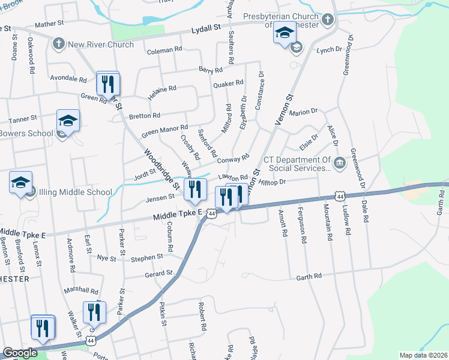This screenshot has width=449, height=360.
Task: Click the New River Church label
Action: (x=100, y=44)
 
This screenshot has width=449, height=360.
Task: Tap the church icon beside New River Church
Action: (x=58, y=44)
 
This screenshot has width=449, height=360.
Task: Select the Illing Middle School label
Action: (x=74, y=193)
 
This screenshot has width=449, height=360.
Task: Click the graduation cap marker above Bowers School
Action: (x=68, y=121)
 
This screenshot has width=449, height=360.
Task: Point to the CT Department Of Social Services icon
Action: (x=339, y=162)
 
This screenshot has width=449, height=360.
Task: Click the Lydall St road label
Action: (x=206, y=28)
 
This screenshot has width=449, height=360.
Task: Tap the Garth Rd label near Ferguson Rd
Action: (x=309, y=276)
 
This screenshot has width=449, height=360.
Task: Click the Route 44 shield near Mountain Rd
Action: (x=340, y=196)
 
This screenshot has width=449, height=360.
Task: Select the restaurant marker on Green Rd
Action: (x=107, y=83)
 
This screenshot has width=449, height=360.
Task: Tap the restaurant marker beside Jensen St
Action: (x=194, y=190)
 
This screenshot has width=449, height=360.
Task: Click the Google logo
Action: (x=20, y=353)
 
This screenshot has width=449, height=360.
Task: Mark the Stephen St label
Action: (x=147, y=257)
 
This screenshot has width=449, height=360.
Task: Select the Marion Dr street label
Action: (x=303, y=112)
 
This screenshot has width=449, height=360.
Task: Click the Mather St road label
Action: (x=49, y=24)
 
